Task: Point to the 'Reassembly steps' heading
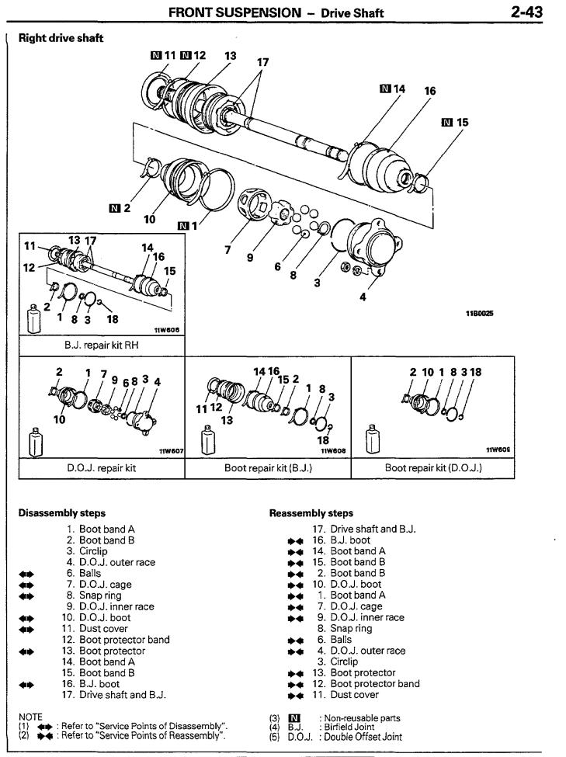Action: click(x=311, y=512)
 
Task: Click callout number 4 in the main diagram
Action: click(x=363, y=297)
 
